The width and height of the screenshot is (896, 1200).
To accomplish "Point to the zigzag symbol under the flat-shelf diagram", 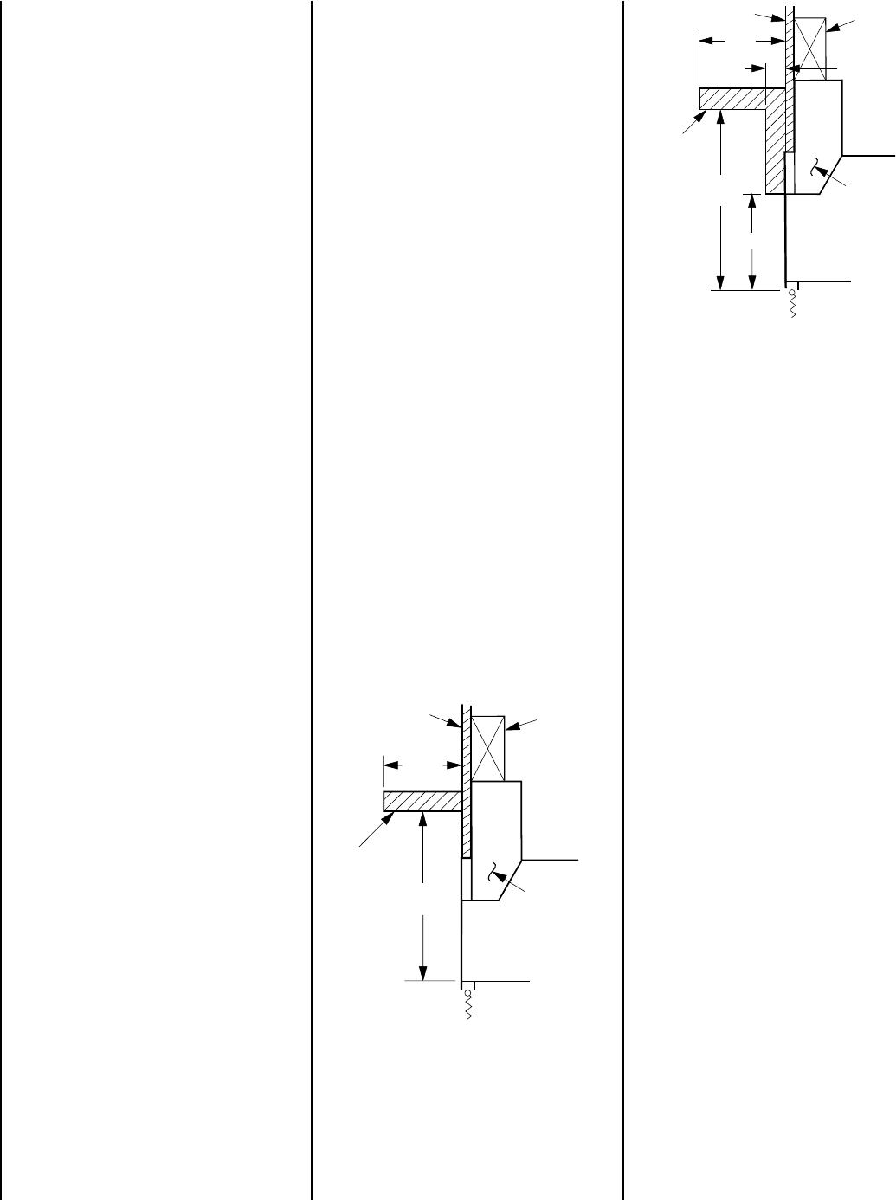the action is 468,1006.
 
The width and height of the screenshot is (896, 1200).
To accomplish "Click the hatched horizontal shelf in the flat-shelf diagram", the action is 421,801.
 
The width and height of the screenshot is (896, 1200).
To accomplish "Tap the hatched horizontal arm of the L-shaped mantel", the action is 732,98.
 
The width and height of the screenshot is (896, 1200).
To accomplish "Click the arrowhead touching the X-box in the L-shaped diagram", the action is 831,29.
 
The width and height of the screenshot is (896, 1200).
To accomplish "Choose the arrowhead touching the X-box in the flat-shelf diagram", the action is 511,728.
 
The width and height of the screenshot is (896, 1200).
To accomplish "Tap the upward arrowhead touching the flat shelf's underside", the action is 422,820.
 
